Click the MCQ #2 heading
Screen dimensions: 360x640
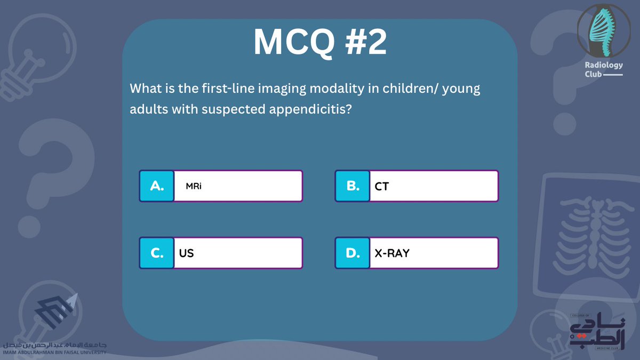point(320,43)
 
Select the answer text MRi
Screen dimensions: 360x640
point(194,186)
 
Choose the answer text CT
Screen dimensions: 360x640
point(382,186)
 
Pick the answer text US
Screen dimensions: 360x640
point(187,253)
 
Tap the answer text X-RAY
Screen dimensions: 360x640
point(392,253)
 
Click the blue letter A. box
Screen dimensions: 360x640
point(157,186)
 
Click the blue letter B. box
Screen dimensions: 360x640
point(353,186)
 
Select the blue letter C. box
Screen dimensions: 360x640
point(157,253)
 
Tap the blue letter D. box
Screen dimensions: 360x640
point(353,253)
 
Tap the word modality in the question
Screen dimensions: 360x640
point(341,88)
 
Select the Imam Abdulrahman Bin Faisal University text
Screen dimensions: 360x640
point(53,352)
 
